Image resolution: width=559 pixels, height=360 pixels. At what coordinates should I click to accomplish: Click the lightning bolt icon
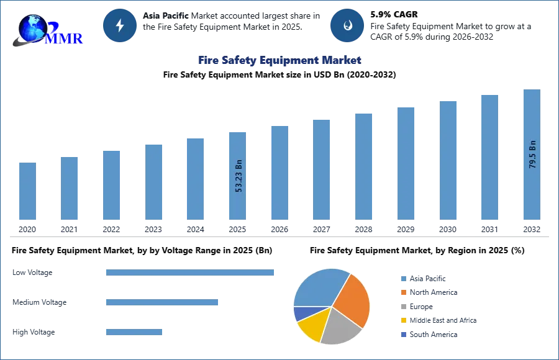(x=120, y=25)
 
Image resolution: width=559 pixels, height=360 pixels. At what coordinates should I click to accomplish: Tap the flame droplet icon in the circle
(x=347, y=25)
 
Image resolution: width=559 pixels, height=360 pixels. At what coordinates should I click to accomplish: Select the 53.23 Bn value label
(x=239, y=176)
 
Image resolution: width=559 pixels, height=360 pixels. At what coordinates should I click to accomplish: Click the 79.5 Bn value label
(x=532, y=155)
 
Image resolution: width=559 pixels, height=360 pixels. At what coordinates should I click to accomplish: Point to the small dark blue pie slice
(x=299, y=313)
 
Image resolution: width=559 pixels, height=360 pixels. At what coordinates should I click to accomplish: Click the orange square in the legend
(x=402, y=292)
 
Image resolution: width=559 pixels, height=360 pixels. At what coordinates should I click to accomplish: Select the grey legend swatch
(x=402, y=307)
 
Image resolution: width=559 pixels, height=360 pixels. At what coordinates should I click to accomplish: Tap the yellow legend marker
(x=402, y=320)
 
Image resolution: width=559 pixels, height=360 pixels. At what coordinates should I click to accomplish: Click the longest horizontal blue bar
(x=191, y=273)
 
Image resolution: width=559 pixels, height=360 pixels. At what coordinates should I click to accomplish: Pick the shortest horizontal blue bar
(x=134, y=333)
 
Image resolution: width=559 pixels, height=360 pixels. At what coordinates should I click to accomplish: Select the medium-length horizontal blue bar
(x=161, y=303)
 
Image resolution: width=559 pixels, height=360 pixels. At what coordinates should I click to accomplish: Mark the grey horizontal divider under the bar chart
(x=279, y=236)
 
